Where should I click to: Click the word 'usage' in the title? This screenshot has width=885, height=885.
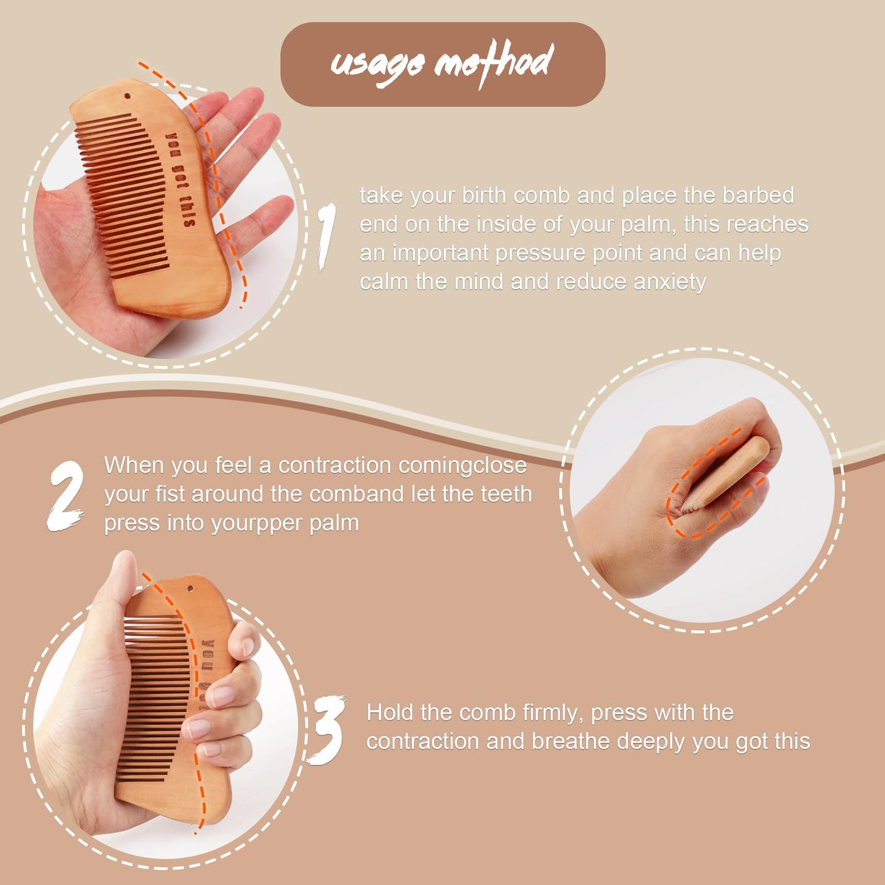pos(377,63)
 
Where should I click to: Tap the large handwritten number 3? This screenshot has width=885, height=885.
pos(327,730)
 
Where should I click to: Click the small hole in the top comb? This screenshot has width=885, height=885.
pos(127,96)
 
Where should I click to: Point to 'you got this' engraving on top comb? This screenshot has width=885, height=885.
pos(181,179)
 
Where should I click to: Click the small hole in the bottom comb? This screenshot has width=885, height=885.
pos(190,589)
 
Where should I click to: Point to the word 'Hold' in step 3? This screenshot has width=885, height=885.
pos(390,713)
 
